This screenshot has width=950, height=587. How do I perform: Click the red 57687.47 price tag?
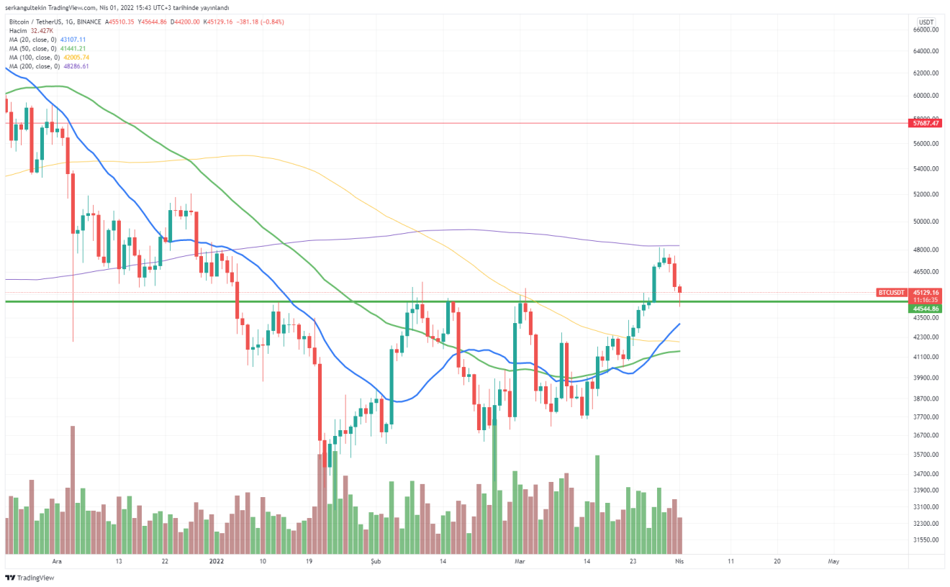(926, 123)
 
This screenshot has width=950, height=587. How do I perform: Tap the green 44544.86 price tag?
(926, 308)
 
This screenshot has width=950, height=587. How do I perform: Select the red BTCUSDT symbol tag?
(891, 292)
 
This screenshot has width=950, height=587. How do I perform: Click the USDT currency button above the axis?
(926, 22)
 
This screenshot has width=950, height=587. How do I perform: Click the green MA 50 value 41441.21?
(73, 48)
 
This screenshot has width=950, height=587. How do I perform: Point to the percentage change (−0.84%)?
(269, 22)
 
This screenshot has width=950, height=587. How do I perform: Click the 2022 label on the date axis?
(216, 560)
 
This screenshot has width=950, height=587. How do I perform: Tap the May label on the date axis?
(833, 560)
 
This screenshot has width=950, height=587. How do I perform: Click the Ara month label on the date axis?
(58, 560)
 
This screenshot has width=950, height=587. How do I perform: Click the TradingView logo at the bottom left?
(30, 578)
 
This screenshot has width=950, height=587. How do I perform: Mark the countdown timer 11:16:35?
(926, 300)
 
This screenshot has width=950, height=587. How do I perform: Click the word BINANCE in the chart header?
(88, 22)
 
